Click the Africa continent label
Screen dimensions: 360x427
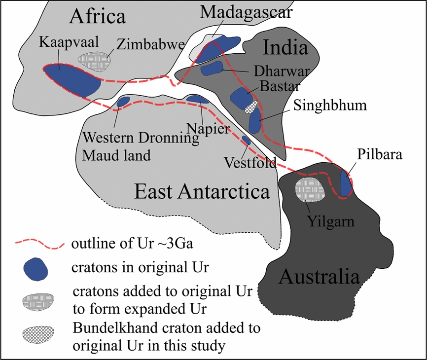pyautogui.click(x=98, y=17)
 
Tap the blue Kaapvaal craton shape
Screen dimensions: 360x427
pyautogui.click(x=71, y=76)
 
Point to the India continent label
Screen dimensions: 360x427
pyautogui.click(x=285, y=48)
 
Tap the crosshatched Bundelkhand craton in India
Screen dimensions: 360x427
pyautogui.click(x=251, y=106)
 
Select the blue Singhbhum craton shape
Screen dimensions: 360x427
pyautogui.click(x=254, y=121)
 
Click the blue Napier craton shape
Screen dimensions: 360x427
pyautogui.click(x=198, y=100)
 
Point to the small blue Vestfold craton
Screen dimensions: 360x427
pyautogui.click(x=246, y=141)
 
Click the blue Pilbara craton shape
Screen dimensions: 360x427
pyautogui.click(x=347, y=184)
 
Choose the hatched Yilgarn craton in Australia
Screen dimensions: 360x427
pyautogui.click(x=310, y=190)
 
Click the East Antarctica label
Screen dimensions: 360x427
pyautogui.click(x=202, y=191)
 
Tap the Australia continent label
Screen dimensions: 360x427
pyautogui.click(x=319, y=277)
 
